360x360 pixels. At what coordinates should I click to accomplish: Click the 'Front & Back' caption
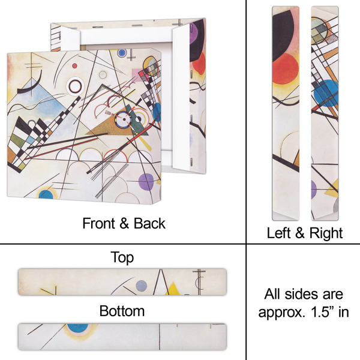click(x=124, y=223)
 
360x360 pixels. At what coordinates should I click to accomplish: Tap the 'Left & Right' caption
click(x=304, y=233)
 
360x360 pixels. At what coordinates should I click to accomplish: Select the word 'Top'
click(x=122, y=258)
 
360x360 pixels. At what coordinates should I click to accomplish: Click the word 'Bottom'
click(x=122, y=311)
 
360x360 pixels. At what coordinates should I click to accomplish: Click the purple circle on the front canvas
click(x=146, y=182)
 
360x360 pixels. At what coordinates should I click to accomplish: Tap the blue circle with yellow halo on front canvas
click(x=47, y=194)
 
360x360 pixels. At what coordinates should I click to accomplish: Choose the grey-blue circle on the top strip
click(x=141, y=286)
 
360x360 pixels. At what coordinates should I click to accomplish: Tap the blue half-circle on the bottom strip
click(x=77, y=328)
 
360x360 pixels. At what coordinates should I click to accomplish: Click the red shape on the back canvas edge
click(x=200, y=63)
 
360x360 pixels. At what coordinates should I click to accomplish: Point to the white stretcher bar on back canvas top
click(x=120, y=32)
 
